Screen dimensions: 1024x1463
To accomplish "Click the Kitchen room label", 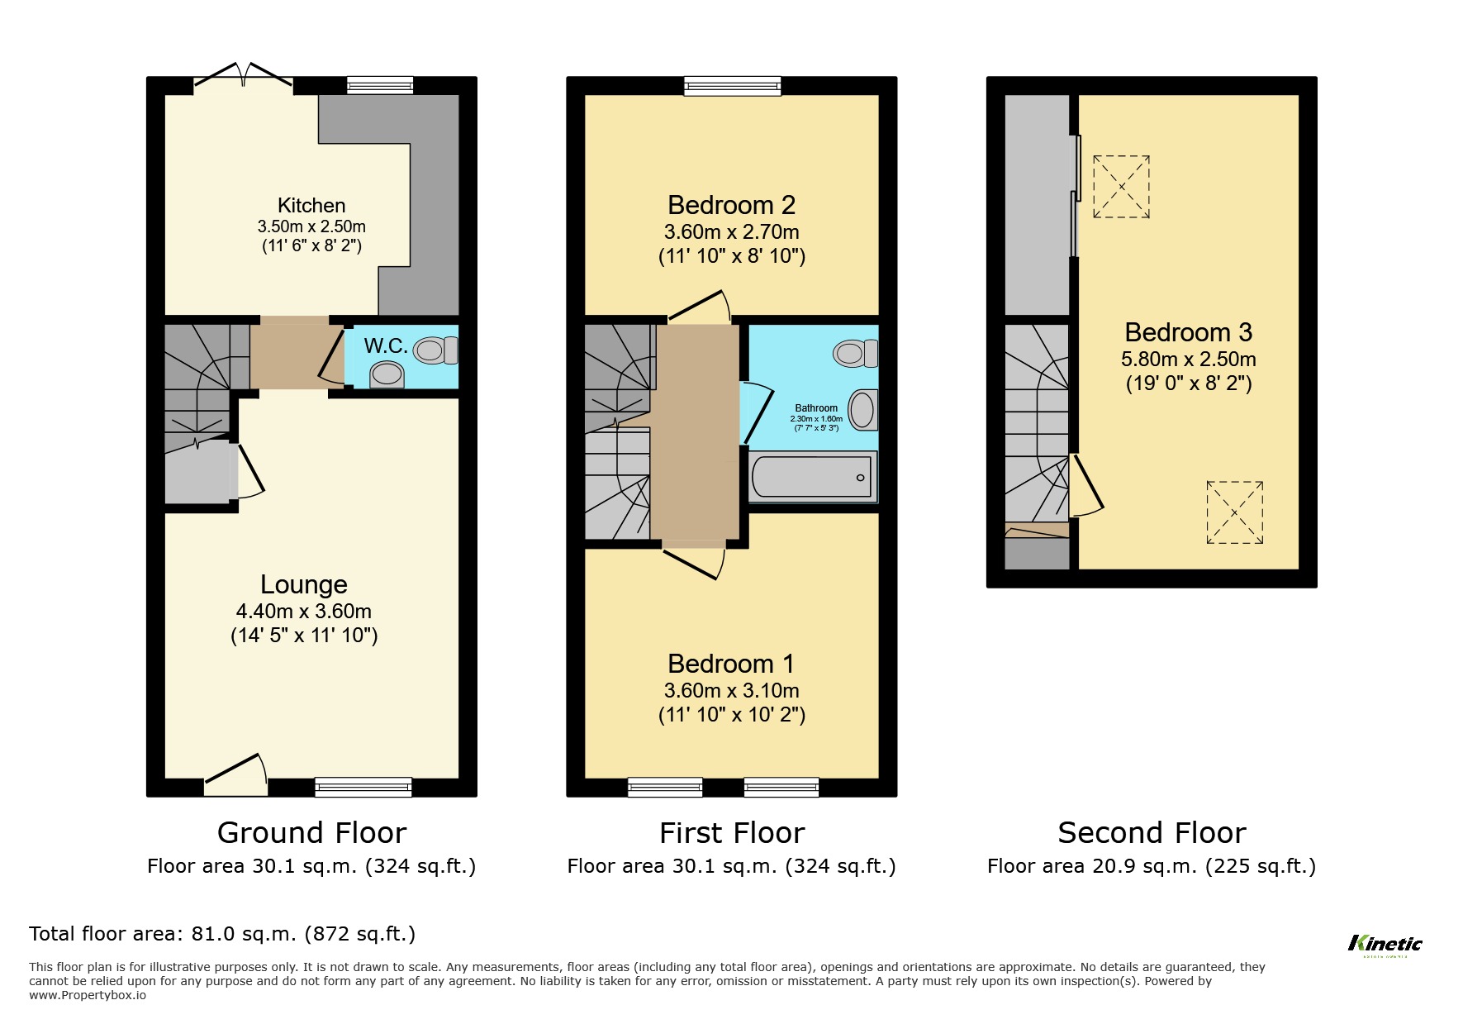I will coord(311,206).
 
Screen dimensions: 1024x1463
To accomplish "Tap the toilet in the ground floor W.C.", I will coord(435,350).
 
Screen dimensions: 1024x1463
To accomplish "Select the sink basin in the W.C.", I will coord(387,374).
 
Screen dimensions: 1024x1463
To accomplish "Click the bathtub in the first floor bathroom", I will coord(811,478).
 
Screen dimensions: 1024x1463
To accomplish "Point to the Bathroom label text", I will coord(815,408).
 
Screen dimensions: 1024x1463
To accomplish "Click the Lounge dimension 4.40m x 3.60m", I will coord(303,612).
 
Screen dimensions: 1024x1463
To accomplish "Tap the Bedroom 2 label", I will coord(731,205).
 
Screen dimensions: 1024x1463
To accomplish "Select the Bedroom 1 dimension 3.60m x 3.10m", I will coord(731,691).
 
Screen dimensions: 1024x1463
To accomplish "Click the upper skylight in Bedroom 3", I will coord(1121,187).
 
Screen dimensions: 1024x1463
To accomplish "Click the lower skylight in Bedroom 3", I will coord(1234,512).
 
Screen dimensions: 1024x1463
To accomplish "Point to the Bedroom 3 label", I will coord(1188,332).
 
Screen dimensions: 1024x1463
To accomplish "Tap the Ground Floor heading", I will coord(311,832).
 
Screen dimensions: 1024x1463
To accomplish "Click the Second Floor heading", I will coord(1152,832).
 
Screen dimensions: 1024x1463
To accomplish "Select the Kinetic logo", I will coord(1385,945).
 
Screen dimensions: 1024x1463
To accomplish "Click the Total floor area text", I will coord(222,934).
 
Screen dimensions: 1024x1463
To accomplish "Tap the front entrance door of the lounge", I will coord(236,772).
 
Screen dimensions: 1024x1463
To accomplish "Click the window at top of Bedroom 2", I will coord(732,85).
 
